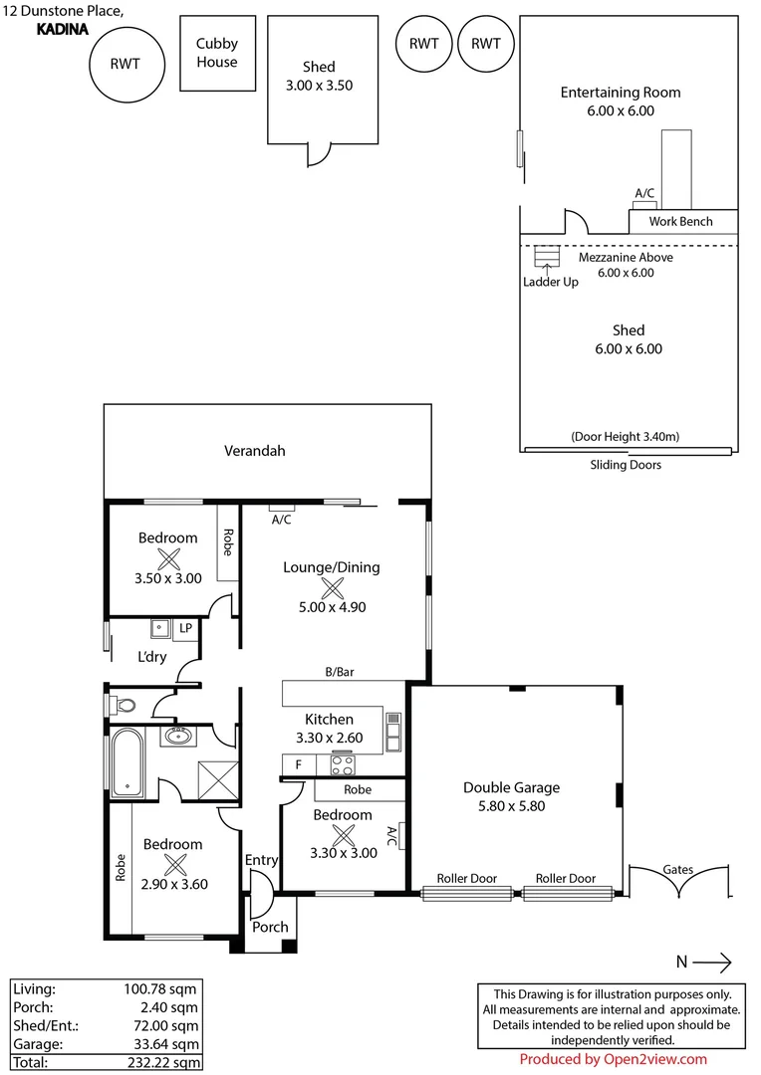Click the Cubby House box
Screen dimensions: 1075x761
click(x=216, y=53)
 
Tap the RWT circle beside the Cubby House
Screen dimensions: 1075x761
click(x=125, y=64)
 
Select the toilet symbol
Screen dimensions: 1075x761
click(x=124, y=706)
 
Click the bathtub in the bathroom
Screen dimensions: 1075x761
click(x=128, y=762)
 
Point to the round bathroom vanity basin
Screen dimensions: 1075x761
click(x=178, y=738)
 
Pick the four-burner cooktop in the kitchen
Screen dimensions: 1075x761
click(x=343, y=764)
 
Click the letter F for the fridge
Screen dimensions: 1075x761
click(x=297, y=764)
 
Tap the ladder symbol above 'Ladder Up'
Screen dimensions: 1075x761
click(x=546, y=257)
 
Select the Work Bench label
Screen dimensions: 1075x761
click(x=681, y=221)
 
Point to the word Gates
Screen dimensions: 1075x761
click(x=677, y=870)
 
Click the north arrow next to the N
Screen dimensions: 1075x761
click(x=711, y=962)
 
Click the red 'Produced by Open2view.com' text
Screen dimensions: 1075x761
click(x=614, y=1059)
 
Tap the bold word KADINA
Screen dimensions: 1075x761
click(x=62, y=30)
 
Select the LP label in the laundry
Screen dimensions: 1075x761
click(x=185, y=629)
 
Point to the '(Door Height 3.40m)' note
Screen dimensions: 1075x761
click(x=626, y=437)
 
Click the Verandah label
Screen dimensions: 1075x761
click(x=254, y=451)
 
